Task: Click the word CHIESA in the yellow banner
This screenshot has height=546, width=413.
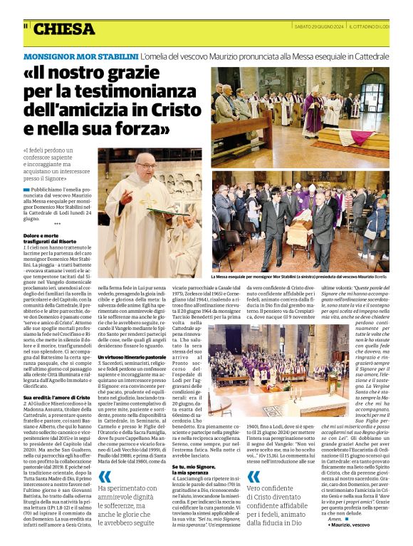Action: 64,29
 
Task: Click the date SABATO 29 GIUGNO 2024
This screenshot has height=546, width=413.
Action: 320,26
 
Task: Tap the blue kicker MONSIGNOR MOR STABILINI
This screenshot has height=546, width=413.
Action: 80,56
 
